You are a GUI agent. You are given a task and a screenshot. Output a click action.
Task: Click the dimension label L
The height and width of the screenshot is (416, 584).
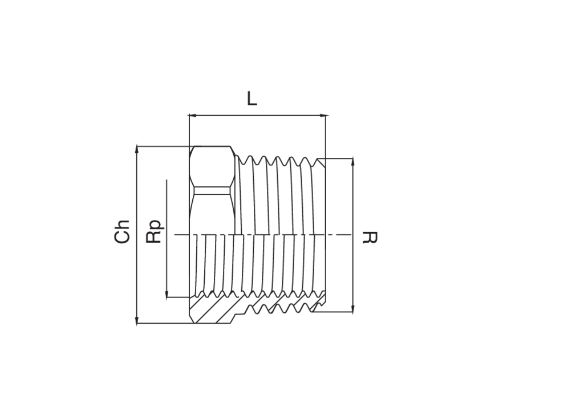coord(252,99)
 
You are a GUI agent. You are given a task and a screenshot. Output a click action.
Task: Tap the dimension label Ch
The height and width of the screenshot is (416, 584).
coord(122,232)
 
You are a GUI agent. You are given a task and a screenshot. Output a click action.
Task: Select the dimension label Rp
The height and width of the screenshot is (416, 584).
coord(155,231)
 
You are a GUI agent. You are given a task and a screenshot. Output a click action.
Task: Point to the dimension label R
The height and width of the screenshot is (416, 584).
coord(370,238)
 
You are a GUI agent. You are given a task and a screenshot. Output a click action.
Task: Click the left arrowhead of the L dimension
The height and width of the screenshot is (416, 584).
coord(192,116)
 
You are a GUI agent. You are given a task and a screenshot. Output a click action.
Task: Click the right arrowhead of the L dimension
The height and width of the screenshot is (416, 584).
coord(325,116)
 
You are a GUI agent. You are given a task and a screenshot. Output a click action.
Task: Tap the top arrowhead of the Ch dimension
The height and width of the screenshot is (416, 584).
coord(137,149)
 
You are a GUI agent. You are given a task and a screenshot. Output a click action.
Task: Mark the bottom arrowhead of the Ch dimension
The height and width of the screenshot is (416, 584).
coord(137,321)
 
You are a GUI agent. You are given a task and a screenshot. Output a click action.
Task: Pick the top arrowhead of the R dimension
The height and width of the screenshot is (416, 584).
coord(352,162)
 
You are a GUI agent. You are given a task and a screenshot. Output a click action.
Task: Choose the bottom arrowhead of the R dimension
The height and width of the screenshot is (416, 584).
coord(352,308)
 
